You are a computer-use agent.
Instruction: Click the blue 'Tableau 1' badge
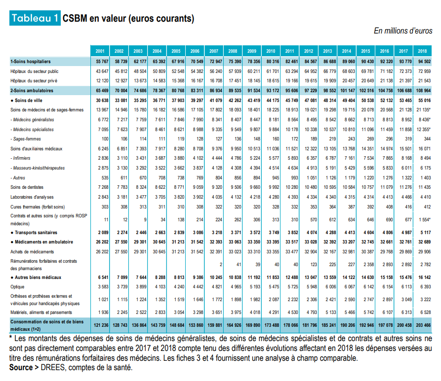tap(35, 18)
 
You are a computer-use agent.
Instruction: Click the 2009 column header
tap(252, 51)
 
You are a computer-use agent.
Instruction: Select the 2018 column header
tap(422, 51)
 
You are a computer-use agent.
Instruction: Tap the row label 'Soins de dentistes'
tap(27, 187)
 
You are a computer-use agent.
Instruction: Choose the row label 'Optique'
tap(17, 287)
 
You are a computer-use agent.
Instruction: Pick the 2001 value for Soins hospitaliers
tap(102, 62)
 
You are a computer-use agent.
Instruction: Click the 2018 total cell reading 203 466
tap(423, 325)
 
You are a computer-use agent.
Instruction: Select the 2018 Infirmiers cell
tap(426, 158)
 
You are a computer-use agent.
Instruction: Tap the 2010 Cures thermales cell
tap(276, 207)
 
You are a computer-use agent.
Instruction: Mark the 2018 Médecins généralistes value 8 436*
tap(424, 120)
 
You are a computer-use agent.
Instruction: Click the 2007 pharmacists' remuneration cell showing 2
tap(221, 265)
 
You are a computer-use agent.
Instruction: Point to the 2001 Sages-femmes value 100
tap(105, 139)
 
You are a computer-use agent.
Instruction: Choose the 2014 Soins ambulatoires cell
tap(348, 91)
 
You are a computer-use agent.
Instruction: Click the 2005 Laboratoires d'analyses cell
tap(179, 197)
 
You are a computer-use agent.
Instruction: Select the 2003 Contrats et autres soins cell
tap(145, 220)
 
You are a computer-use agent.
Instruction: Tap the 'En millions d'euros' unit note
tap(403, 31)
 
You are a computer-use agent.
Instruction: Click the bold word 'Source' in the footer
tap(21, 368)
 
